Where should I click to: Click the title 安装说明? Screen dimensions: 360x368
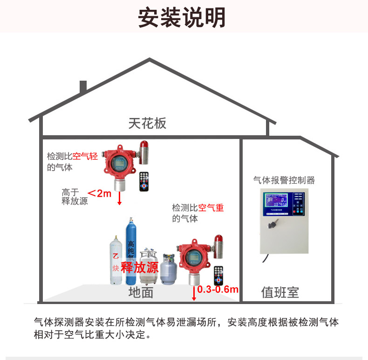(182, 17)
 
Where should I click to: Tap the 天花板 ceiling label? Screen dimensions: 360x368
(147, 123)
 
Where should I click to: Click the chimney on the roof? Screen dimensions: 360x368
(83, 87)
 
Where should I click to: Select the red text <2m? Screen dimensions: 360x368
(100, 193)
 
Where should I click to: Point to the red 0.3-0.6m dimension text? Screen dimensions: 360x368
(218, 290)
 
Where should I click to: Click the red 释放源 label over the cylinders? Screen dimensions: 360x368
(139, 268)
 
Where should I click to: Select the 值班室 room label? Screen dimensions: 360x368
(280, 292)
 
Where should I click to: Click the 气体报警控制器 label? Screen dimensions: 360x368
(284, 180)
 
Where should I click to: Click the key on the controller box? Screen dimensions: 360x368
(271, 225)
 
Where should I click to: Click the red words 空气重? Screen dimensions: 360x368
(211, 208)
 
